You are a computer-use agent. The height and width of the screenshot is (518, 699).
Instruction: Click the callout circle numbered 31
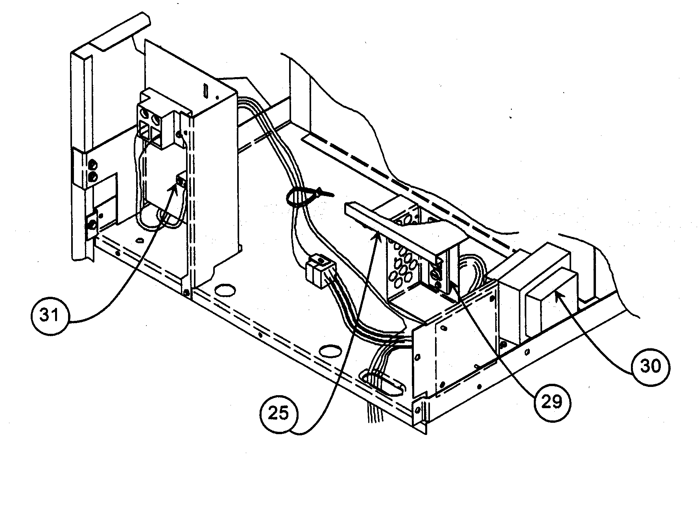(x=50, y=315)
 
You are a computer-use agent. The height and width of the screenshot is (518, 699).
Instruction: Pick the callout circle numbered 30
(x=650, y=366)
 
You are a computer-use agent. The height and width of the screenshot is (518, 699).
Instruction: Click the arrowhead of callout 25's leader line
(x=378, y=233)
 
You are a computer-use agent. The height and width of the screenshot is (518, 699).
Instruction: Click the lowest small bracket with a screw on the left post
(x=92, y=225)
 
